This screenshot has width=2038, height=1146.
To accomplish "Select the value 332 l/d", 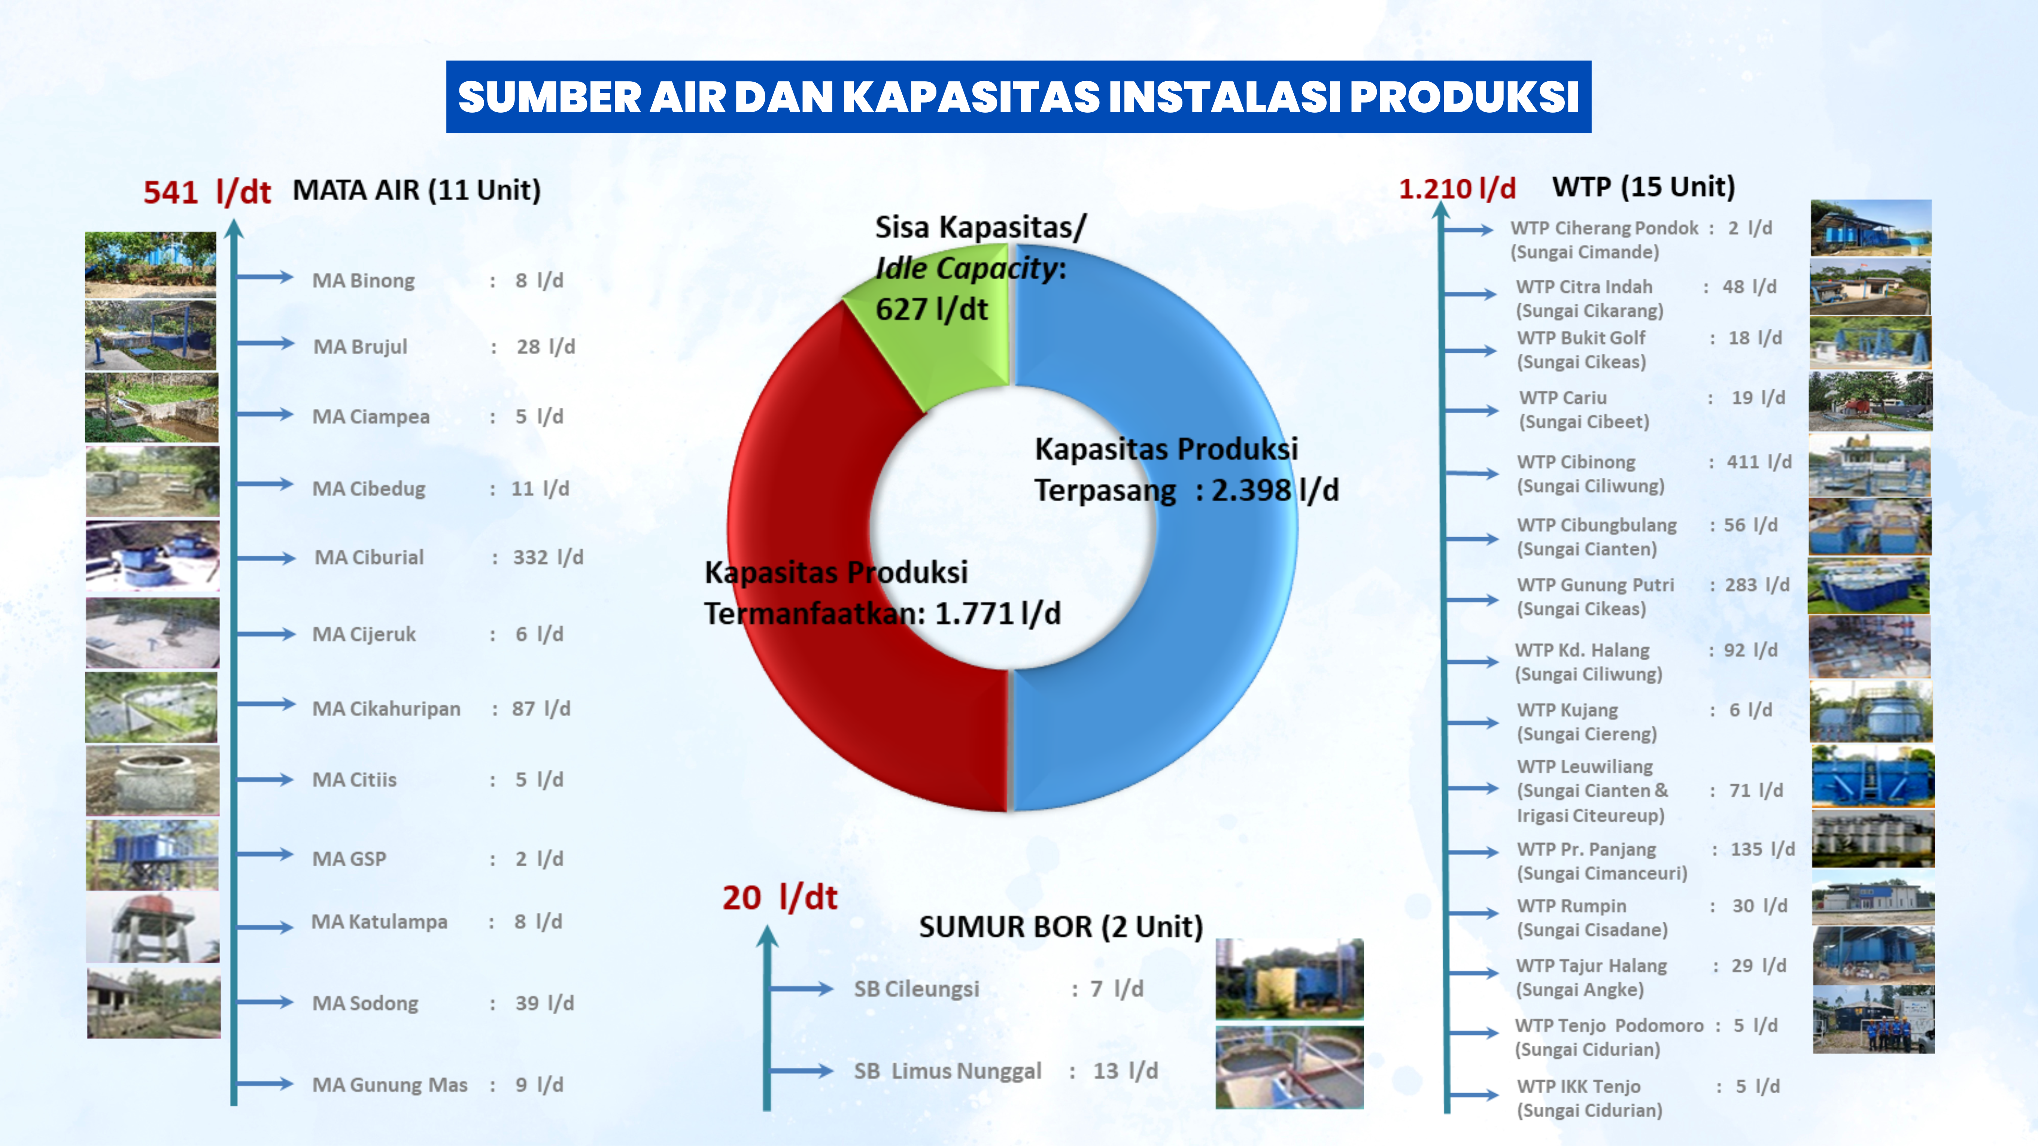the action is pyautogui.click(x=548, y=557).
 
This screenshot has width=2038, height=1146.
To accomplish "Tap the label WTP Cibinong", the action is pyautogui.click(x=1576, y=462).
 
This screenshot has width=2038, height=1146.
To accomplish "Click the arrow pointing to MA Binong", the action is pyautogui.click(x=265, y=277).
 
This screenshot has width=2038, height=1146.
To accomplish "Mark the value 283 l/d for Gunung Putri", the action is pyautogui.click(x=1757, y=585).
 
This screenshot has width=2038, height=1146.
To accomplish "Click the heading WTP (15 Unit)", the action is pyautogui.click(x=1643, y=188).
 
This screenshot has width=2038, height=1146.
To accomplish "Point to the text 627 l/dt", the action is pyautogui.click(x=931, y=309).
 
